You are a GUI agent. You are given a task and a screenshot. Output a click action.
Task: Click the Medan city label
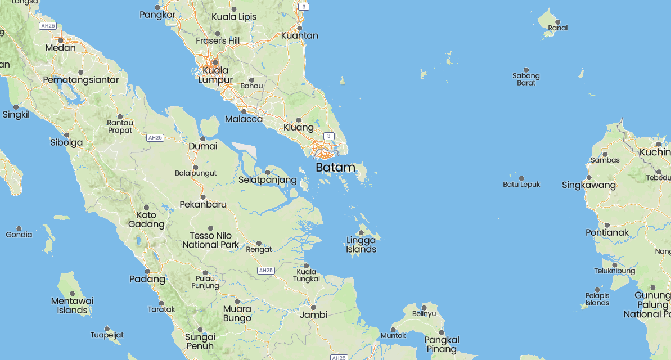pyautogui.click(x=60, y=48)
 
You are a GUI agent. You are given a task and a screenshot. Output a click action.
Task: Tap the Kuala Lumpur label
pyautogui.click(x=216, y=75)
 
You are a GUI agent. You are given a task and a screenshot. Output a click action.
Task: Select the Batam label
pyautogui.click(x=335, y=168)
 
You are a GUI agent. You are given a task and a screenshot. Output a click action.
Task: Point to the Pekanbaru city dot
pyautogui.click(x=203, y=196)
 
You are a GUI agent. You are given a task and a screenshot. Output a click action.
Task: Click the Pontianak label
pyautogui.click(x=607, y=232)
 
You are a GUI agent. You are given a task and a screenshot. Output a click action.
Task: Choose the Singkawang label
pyautogui.click(x=588, y=185)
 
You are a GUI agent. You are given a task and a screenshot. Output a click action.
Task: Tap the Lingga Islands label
pyautogui.click(x=361, y=245)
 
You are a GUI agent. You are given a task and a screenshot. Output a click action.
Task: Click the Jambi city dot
pyautogui.click(x=313, y=307)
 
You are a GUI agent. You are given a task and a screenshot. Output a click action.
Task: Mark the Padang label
pyautogui.click(x=147, y=279)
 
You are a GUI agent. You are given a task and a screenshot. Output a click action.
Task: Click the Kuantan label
pyautogui.click(x=300, y=35)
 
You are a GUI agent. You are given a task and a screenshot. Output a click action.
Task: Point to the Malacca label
pyautogui.click(x=244, y=119)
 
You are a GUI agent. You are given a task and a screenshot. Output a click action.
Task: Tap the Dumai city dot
pyautogui.click(x=202, y=138)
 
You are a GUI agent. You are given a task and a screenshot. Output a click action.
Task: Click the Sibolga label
pyautogui.click(x=66, y=142)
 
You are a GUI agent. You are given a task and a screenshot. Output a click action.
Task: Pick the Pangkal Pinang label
pyautogui.click(x=442, y=344)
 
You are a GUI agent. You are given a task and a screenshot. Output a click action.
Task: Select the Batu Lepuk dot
pyautogui.click(x=521, y=178)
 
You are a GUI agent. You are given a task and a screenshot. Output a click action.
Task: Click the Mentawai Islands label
pyautogui.click(x=72, y=305)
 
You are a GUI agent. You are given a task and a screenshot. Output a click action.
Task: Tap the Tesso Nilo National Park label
pyautogui.click(x=210, y=240)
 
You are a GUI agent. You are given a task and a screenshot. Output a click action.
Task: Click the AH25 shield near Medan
pyautogui.click(x=48, y=26)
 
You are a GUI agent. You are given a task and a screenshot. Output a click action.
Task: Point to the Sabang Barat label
pyautogui.click(x=526, y=79)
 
